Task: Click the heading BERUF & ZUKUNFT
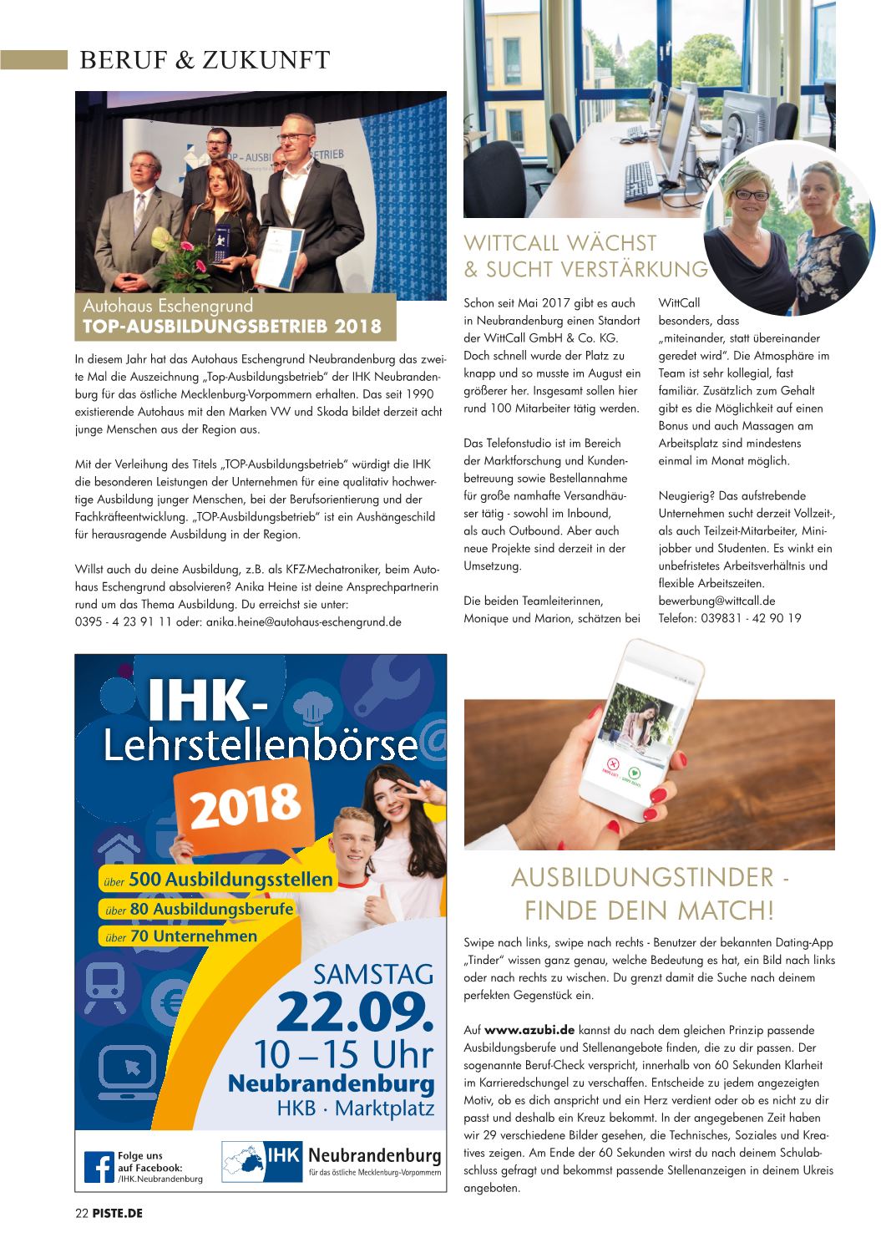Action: [x=204, y=60]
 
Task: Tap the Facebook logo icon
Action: [x=98, y=1166]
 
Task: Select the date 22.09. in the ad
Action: [x=357, y=1012]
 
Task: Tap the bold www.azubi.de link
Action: [x=526, y=1030]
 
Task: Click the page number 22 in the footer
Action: [x=82, y=1213]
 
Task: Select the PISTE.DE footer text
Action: [x=117, y=1213]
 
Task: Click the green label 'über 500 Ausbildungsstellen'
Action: [x=217, y=880]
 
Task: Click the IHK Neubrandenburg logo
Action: [x=332, y=1162]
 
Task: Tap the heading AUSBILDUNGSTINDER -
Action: [x=649, y=879]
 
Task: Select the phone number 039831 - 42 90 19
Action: [x=729, y=618]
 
